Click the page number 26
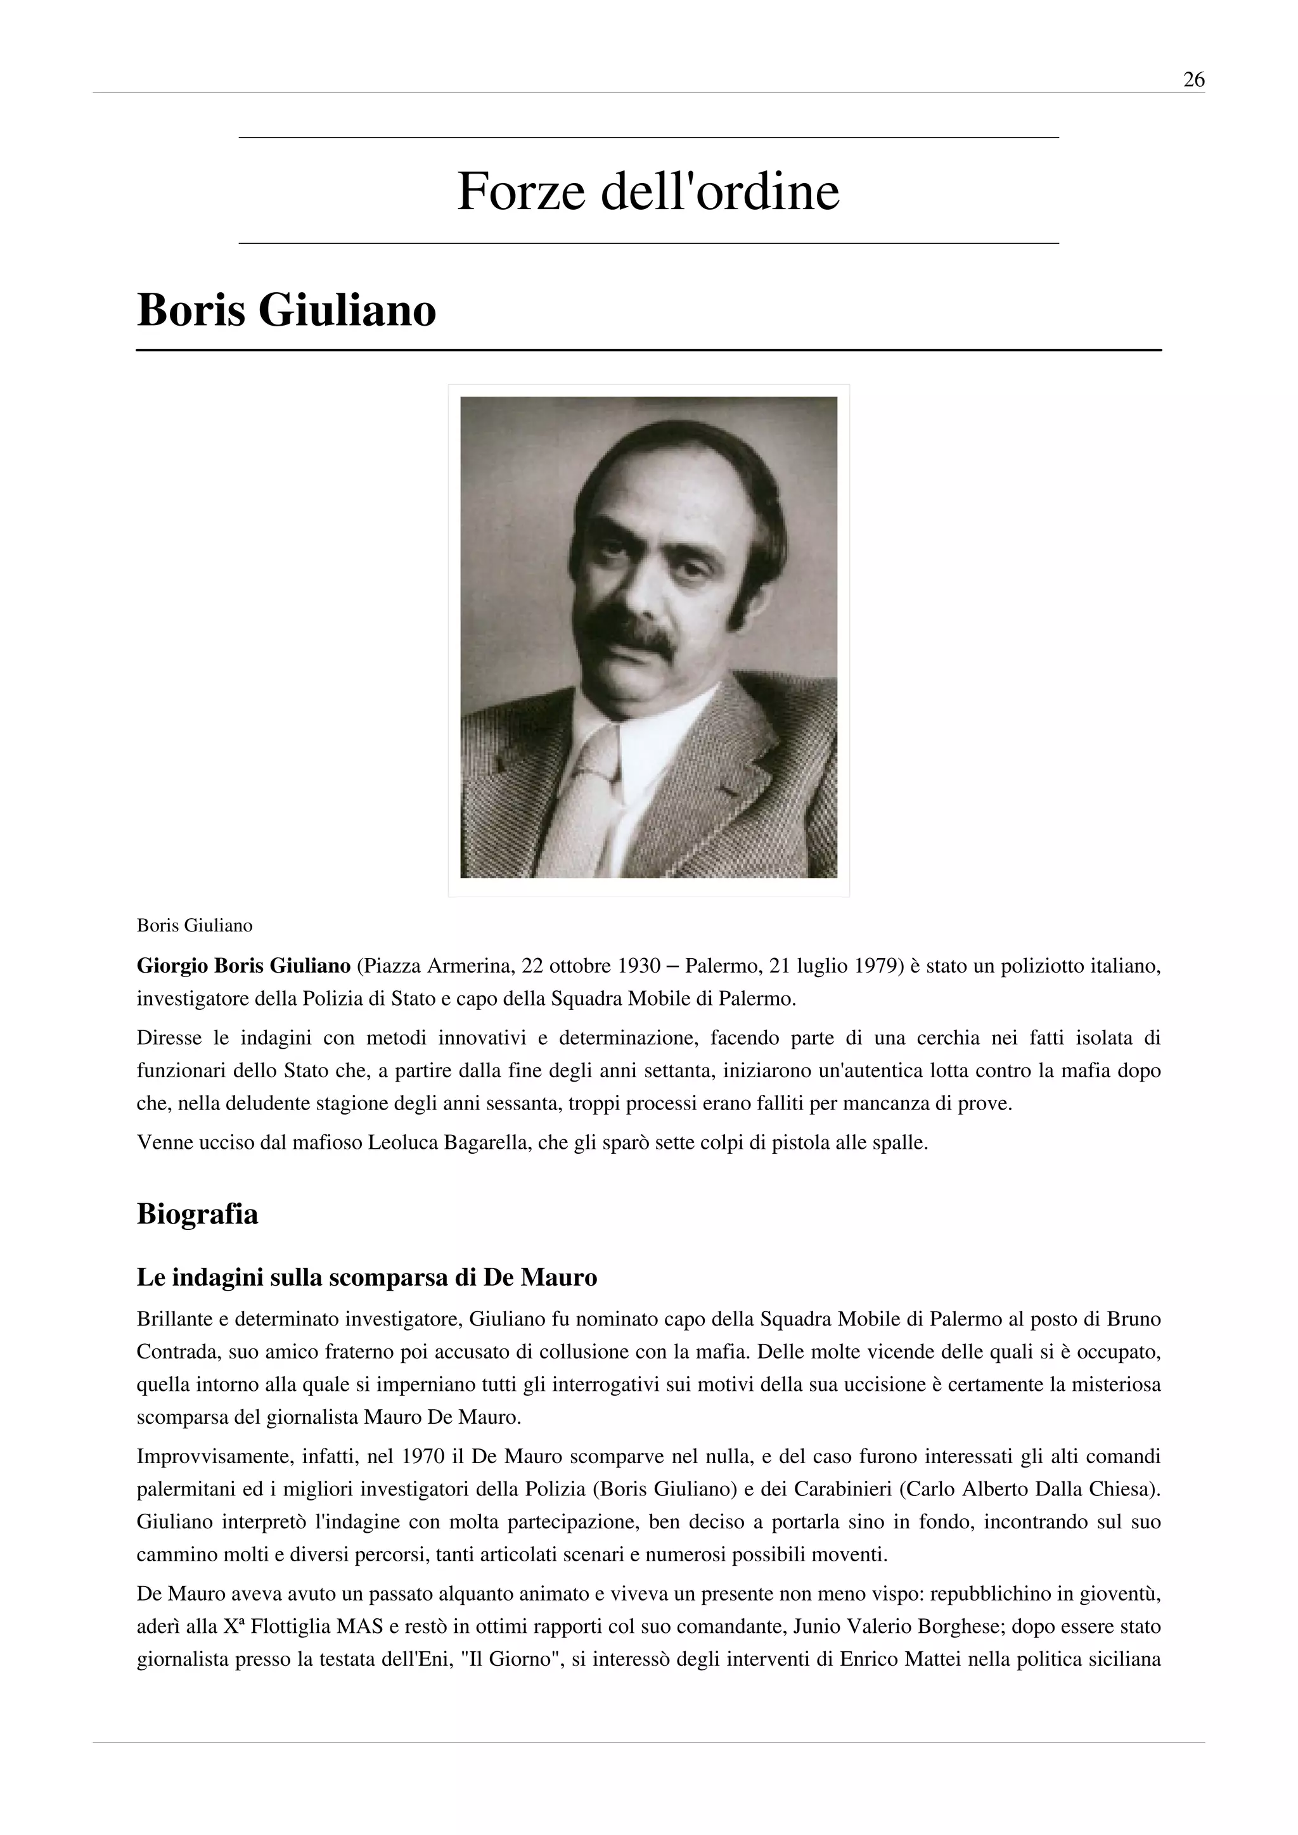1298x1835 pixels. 1193,80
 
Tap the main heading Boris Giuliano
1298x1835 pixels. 286,311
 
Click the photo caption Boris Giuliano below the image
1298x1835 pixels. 194,926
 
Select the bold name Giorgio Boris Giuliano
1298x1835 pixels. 244,966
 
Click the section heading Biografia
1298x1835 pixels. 197,1214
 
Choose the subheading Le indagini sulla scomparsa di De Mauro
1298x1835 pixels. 367,1278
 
